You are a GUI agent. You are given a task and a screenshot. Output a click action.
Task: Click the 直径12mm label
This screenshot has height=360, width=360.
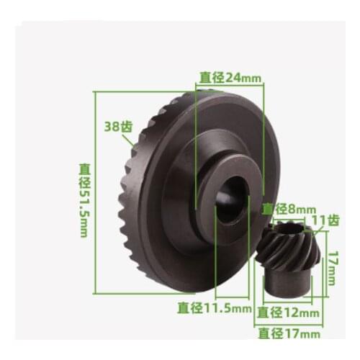[288, 312]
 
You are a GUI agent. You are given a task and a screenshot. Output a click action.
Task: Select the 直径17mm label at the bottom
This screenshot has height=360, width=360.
[288, 333]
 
